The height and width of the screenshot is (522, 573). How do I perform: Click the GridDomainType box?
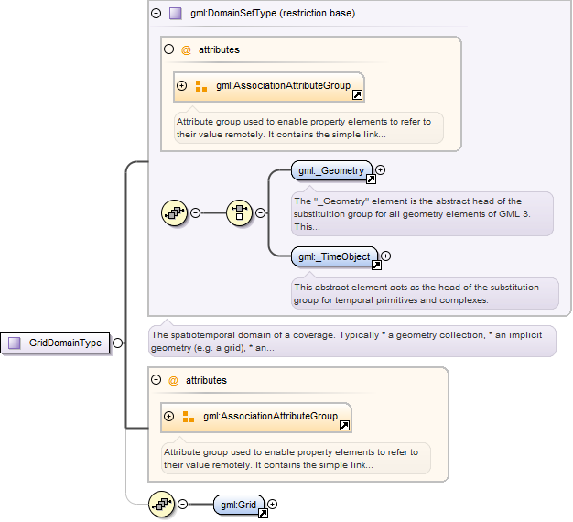[x=55, y=343]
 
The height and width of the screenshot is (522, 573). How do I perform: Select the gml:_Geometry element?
[x=331, y=170]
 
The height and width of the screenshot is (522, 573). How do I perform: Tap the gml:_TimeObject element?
[x=334, y=256]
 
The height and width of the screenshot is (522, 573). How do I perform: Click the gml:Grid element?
[x=239, y=505]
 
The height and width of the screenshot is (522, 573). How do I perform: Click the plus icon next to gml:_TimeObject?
[x=386, y=256]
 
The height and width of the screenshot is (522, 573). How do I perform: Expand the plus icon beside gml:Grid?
[x=272, y=504]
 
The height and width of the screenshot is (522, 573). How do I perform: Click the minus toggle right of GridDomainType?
[x=118, y=343]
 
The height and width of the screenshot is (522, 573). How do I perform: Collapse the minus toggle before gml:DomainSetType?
[x=156, y=14]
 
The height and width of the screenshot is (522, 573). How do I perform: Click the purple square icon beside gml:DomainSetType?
[x=176, y=14]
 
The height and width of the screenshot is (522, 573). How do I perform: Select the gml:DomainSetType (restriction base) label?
[x=273, y=13]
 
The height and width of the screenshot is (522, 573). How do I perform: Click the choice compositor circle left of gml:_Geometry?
[x=239, y=212]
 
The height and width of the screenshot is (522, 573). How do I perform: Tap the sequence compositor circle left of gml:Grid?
[x=161, y=505]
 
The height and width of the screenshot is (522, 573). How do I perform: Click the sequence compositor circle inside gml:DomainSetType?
[x=174, y=212]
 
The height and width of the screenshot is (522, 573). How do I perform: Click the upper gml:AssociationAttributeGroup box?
[x=269, y=87]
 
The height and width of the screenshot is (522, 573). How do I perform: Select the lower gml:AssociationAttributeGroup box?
[x=256, y=418]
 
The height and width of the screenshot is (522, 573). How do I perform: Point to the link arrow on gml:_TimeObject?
[x=376, y=265]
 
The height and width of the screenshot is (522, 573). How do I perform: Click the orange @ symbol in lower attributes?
[x=173, y=381]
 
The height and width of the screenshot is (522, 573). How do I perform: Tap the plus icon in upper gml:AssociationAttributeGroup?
[x=181, y=85]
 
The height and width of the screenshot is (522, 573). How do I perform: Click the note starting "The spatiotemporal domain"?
[x=351, y=341]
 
